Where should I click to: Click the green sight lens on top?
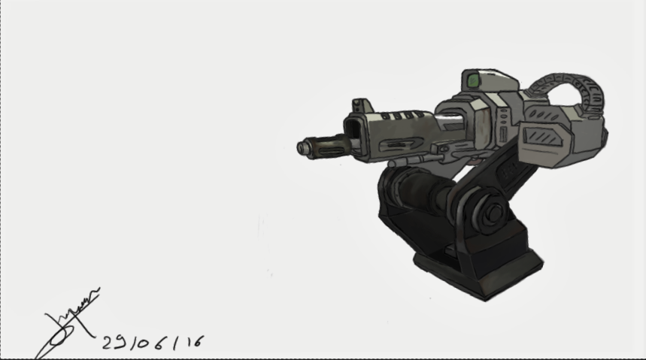tap(473, 80)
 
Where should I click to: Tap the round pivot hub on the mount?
tap(493, 214)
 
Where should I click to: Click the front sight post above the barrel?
tap(362, 106)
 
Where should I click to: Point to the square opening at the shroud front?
tap(353, 136)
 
